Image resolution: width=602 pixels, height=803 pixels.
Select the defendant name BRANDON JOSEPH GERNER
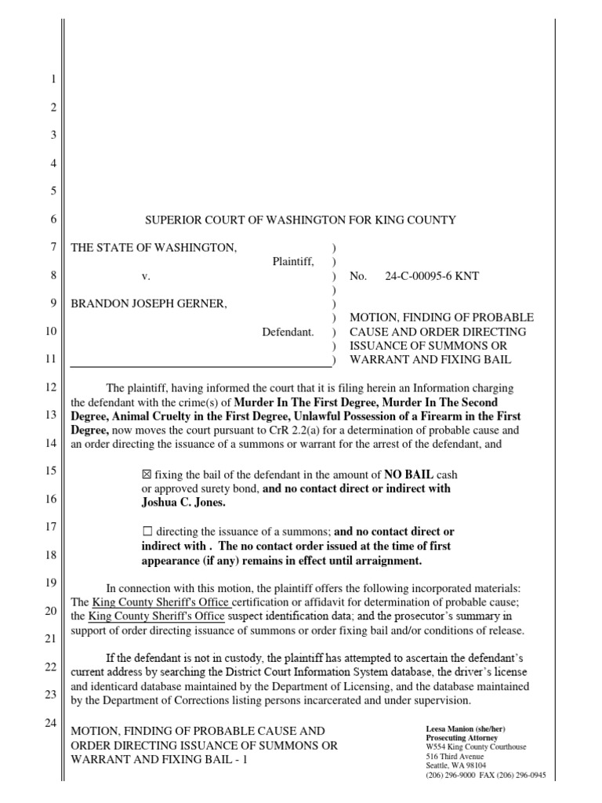click(x=150, y=304)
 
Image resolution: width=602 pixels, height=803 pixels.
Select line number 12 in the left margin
click(x=49, y=388)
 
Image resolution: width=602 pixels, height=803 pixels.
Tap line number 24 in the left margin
click(x=49, y=722)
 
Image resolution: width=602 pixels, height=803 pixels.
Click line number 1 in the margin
click(x=53, y=80)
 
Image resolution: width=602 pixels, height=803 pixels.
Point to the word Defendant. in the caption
click(x=288, y=332)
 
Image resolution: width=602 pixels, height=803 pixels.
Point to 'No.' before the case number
click(x=357, y=277)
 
